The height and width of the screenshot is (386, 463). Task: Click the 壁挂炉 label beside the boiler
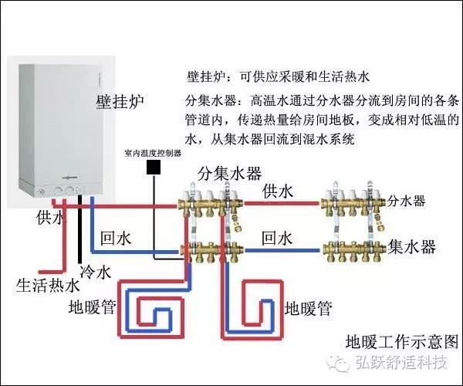click(x=120, y=103)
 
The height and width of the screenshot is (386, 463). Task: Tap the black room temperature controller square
click(x=155, y=166)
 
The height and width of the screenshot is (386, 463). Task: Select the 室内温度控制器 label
click(x=153, y=154)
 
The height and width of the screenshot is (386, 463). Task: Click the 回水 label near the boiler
click(x=117, y=239)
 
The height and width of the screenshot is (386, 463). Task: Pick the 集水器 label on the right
click(x=411, y=247)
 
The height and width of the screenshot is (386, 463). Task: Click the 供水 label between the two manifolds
click(x=278, y=190)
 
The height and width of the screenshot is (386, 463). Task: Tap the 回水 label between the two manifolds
click(x=278, y=237)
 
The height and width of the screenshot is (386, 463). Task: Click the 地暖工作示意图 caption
click(x=401, y=340)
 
